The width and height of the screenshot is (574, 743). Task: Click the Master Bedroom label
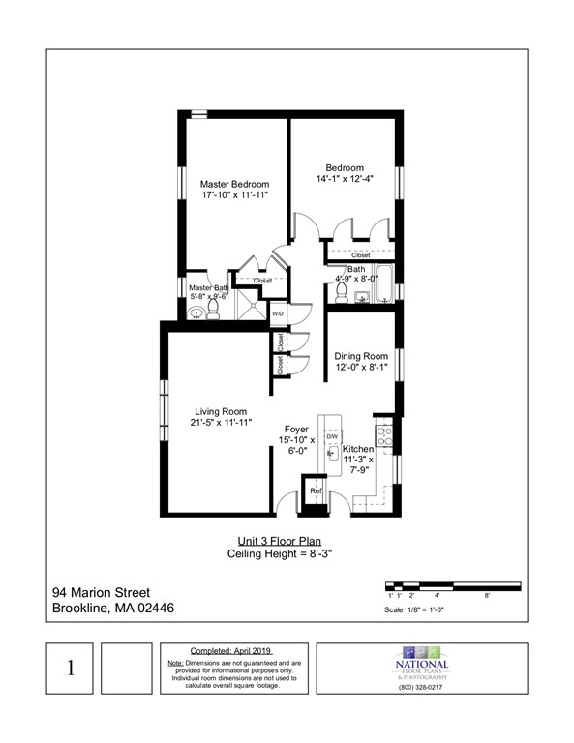[x=234, y=184]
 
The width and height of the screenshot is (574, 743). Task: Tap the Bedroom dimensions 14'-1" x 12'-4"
[x=345, y=179]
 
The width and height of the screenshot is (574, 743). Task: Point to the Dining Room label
[x=361, y=356]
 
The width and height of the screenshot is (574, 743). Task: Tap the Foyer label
[x=295, y=429]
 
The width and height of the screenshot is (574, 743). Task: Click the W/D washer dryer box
[x=277, y=314]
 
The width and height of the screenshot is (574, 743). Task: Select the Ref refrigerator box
[x=316, y=492]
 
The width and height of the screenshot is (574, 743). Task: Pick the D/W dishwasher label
[x=331, y=436]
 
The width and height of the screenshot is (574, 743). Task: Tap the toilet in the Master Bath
[x=214, y=309]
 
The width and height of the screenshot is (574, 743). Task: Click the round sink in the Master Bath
[x=195, y=312]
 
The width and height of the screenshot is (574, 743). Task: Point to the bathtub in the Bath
[x=383, y=282]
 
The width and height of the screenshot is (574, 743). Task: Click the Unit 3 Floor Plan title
[x=280, y=541]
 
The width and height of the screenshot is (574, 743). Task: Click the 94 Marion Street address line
[x=101, y=592]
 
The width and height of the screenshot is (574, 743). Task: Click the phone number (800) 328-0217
[x=421, y=687]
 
